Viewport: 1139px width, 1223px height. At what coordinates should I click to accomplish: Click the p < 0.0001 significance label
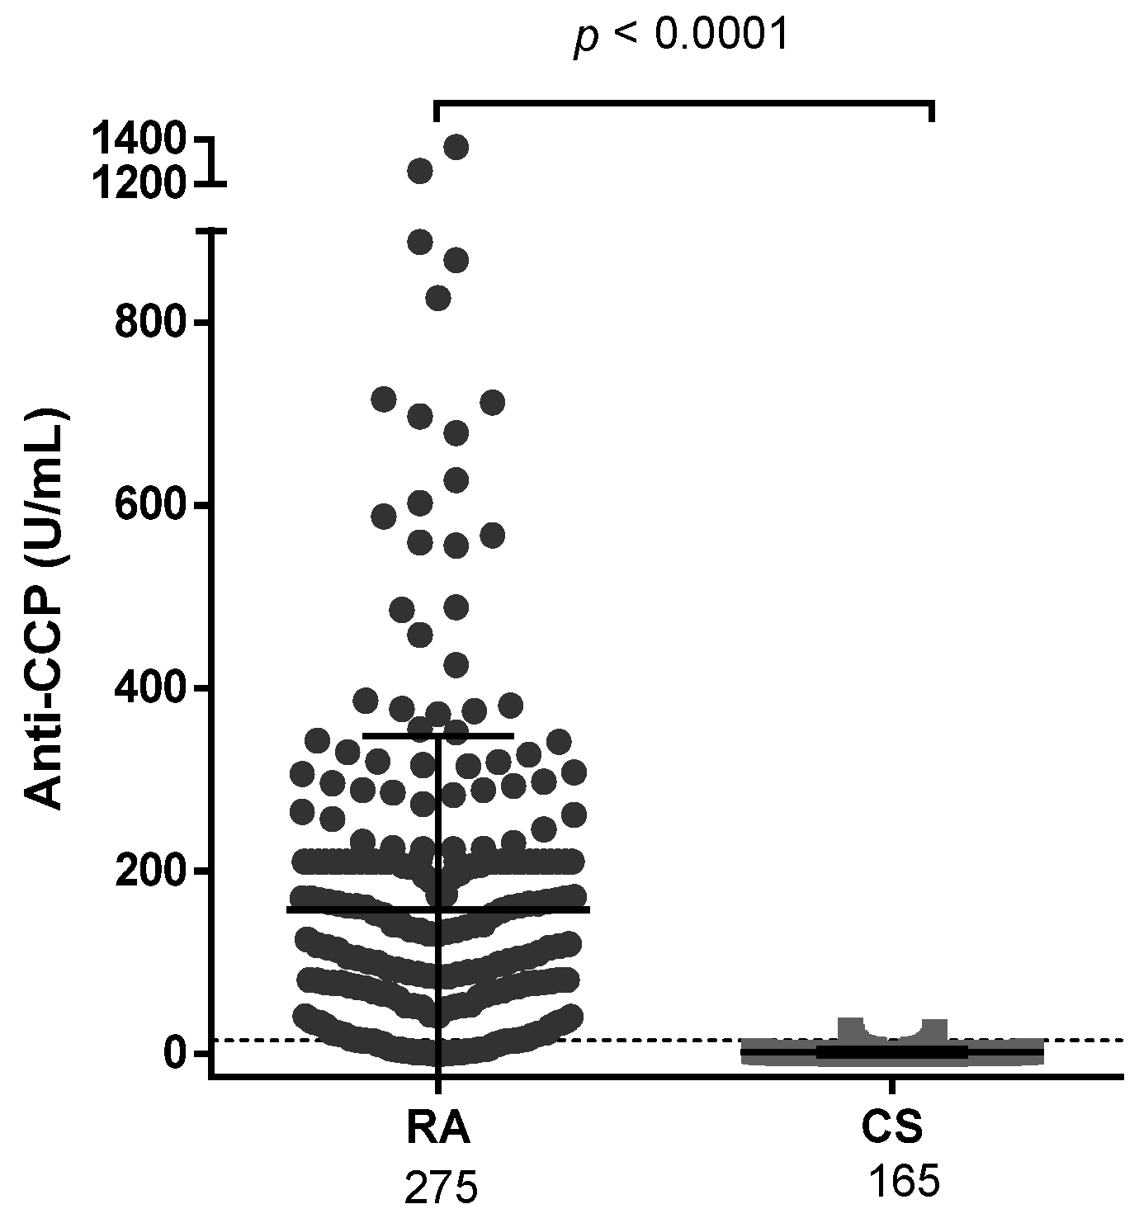(681, 35)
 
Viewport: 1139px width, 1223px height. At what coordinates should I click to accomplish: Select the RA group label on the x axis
(438, 1129)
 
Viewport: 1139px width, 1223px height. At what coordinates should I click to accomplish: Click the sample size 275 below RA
(441, 1188)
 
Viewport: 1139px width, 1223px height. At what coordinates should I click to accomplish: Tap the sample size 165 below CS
(904, 1182)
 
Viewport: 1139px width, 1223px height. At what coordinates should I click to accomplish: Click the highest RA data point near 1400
(456, 147)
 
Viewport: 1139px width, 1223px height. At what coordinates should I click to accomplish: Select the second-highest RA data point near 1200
(420, 171)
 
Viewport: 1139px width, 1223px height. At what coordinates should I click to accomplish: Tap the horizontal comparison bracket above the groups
(683, 102)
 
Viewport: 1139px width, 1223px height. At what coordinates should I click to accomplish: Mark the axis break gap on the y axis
(211, 208)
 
